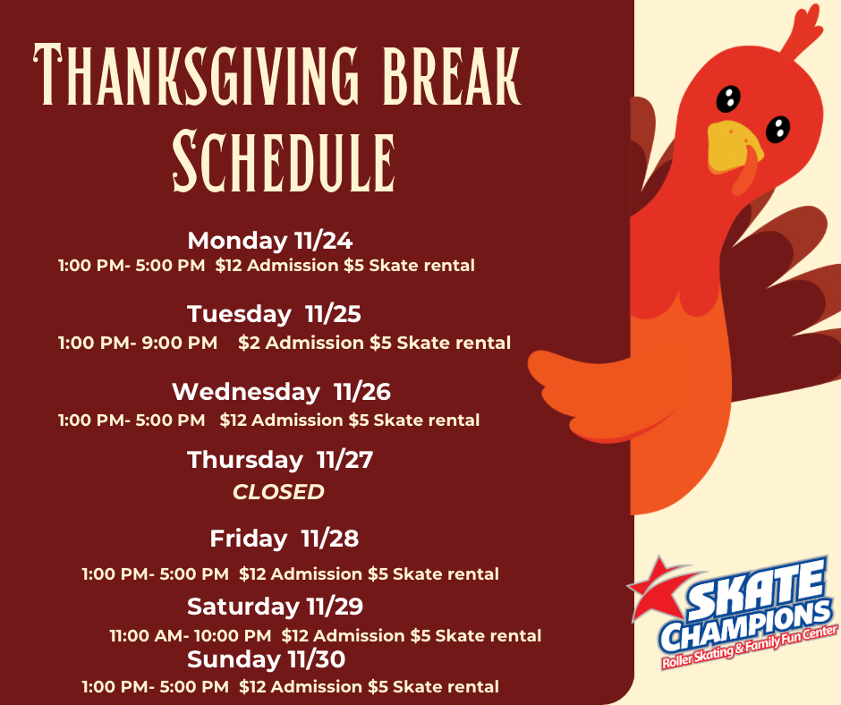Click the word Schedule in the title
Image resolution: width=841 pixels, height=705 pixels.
click(x=284, y=160)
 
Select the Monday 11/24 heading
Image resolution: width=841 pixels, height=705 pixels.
click(x=270, y=241)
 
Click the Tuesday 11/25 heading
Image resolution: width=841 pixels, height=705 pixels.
click(x=274, y=314)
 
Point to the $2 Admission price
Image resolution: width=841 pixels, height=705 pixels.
click(x=301, y=343)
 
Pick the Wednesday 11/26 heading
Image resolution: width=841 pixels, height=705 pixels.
click(x=281, y=392)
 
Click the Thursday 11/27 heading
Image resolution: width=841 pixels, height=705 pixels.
click(x=280, y=461)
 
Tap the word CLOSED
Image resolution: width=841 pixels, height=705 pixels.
click(x=278, y=492)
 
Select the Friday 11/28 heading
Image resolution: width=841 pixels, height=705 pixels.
click(x=285, y=539)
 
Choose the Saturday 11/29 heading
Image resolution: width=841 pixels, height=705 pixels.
click(x=276, y=607)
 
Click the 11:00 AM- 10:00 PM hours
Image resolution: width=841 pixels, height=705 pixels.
click(x=191, y=636)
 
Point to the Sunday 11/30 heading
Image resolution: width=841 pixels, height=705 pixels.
click(x=266, y=659)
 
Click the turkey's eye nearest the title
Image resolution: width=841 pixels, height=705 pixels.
click(x=728, y=98)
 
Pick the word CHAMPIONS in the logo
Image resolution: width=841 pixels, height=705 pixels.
click(x=745, y=626)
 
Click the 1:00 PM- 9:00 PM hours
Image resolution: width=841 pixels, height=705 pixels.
click(x=138, y=343)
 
